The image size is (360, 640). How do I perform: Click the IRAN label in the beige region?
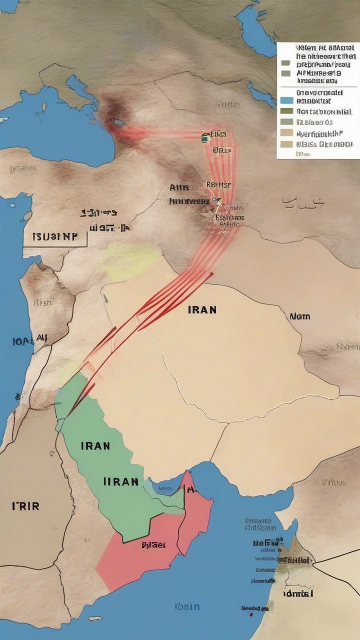[x=202, y=309]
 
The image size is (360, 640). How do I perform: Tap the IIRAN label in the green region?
[x=120, y=481]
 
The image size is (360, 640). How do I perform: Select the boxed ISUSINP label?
[x=54, y=236]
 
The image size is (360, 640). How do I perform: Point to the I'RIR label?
[x=25, y=505]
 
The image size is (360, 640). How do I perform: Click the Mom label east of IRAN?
[x=299, y=316]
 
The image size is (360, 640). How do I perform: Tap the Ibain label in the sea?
[x=187, y=606]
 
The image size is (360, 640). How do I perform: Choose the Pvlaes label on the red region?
[x=153, y=544]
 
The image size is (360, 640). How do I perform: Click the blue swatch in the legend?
[x=286, y=100]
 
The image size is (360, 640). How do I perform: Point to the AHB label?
[x=179, y=188]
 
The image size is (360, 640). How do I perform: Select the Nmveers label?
[x=188, y=201]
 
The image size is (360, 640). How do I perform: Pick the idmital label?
[x=298, y=593]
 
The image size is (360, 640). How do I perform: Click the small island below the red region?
[x=94, y=618]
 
